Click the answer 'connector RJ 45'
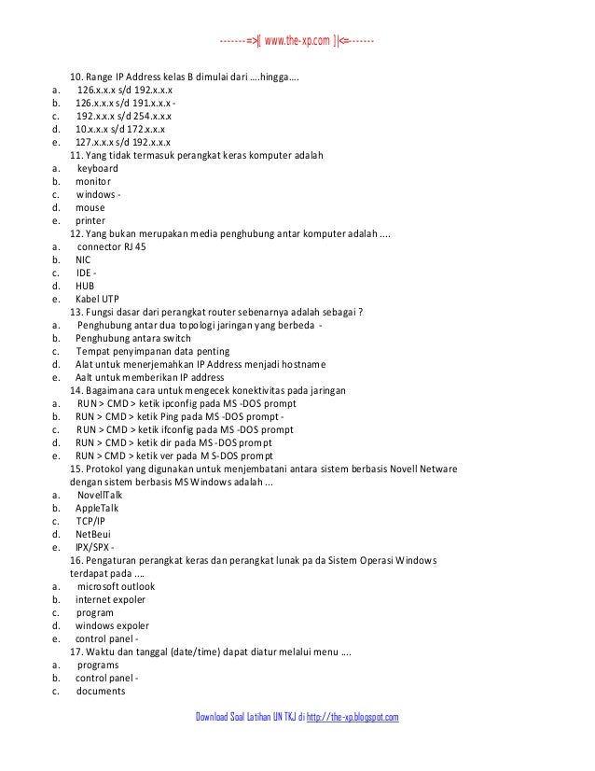(111, 246)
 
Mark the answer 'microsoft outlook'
(117, 586)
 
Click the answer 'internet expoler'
(111, 599)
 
